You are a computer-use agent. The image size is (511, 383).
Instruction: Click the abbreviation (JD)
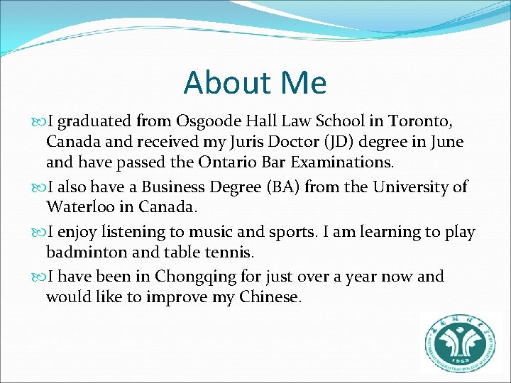339,142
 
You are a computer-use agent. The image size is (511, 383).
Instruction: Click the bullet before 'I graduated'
39,121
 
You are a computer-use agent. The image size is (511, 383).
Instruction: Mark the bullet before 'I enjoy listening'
39,232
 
